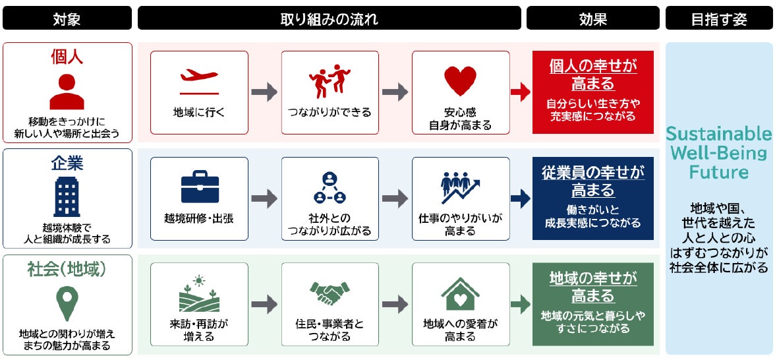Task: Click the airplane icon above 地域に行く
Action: pos(199,81)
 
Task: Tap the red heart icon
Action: pos(461,81)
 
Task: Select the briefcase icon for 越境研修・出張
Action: pos(200,187)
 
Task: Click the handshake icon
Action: pos(330,293)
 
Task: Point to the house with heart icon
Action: pos(461,293)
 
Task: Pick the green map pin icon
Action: pos(67,303)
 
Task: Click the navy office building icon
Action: pos(67,196)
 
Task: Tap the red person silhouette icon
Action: pos(67,91)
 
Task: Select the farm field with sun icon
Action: pos(199,293)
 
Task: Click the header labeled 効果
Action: pos(592,18)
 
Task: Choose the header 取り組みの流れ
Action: pos(330,18)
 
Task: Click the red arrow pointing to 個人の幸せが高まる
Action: pos(521,92)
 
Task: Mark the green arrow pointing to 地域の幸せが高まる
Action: pos(521,304)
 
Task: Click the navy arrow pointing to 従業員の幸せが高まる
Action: pos(521,198)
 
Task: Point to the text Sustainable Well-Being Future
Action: pos(719,153)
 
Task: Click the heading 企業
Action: pos(67,164)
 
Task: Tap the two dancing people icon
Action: pos(330,80)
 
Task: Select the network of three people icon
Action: pos(330,187)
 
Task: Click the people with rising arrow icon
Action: pos(461,187)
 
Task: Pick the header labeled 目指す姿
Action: pos(719,18)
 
